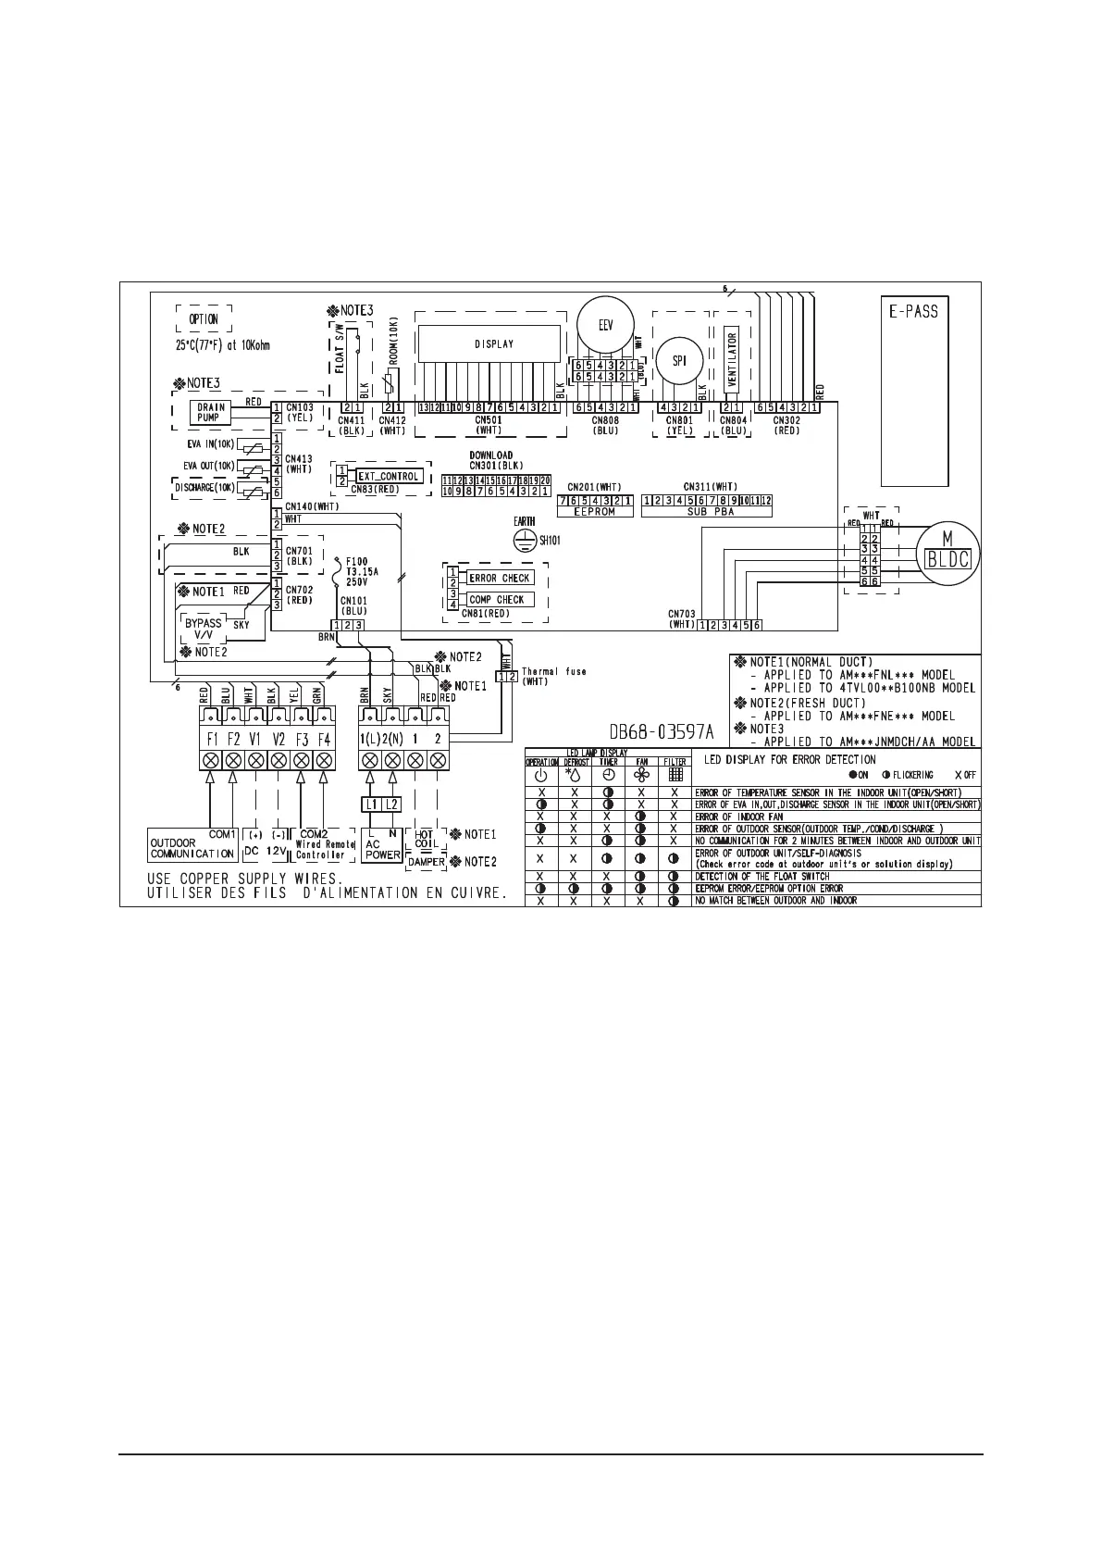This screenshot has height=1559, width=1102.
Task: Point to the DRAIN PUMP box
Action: click(210, 413)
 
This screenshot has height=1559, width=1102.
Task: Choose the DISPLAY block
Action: click(493, 344)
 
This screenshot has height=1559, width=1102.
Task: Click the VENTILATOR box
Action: click(732, 359)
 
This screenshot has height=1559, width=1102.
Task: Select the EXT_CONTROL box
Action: click(389, 477)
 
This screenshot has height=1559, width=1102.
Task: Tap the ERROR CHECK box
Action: click(500, 578)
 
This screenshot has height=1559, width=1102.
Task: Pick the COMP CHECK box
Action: click(497, 600)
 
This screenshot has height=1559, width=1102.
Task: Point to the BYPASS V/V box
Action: click(203, 630)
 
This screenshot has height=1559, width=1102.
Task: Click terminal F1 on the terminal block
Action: click(211, 740)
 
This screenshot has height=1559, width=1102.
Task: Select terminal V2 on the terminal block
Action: click(279, 740)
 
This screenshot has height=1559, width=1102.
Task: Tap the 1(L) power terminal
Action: click(369, 740)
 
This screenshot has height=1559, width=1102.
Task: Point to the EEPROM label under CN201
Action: click(595, 512)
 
